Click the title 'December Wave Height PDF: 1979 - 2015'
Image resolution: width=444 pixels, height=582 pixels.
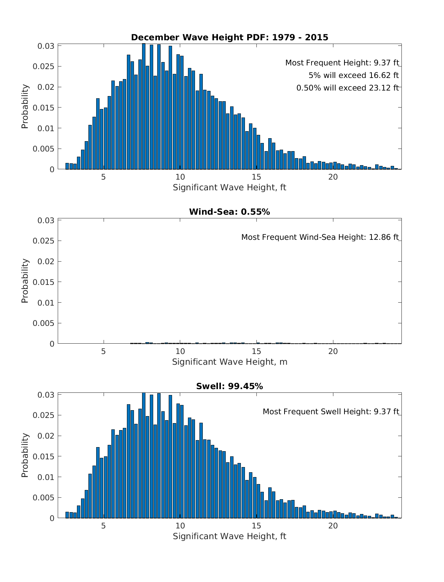[x=229, y=37]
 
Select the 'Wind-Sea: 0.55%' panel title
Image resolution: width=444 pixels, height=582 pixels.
[x=229, y=212]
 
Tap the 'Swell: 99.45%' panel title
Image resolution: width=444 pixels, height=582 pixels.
[x=229, y=386]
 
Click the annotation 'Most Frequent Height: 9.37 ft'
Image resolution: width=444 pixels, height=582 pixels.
[x=342, y=63]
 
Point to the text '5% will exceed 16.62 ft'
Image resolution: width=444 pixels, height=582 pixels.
[x=354, y=75]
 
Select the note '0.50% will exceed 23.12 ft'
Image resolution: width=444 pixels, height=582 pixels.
[x=347, y=88]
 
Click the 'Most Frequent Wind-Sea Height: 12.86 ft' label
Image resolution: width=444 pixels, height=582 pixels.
[x=320, y=237]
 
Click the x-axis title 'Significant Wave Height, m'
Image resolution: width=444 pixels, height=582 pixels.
[x=229, y=362]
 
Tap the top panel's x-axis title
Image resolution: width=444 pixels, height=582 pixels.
[x=229, y=187]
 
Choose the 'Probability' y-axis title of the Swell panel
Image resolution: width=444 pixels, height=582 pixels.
[x=25, y=455]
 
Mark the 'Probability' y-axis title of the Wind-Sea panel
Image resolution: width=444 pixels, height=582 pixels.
[x=25, y=281]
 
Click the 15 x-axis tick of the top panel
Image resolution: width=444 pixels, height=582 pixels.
[x=256, y=177]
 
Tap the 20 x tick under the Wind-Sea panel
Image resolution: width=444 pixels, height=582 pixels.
[x=333, y=351]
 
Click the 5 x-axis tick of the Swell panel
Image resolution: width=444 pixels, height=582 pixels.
[x=103, y=525]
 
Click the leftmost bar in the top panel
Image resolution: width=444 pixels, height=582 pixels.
[x=67, y=166]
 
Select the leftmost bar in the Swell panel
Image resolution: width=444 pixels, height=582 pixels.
[x=67, y=515]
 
